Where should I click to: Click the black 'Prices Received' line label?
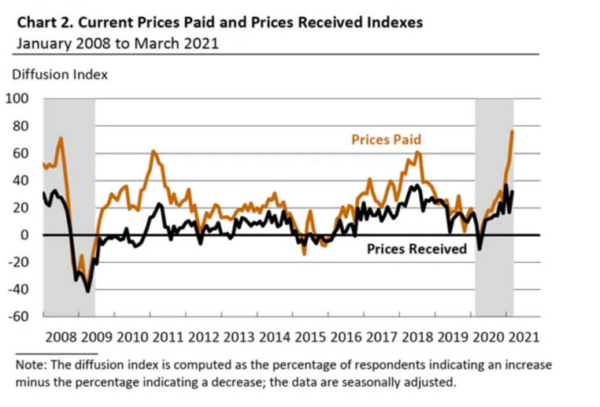(x=417, y=249)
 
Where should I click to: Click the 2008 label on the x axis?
(x=62, y=337)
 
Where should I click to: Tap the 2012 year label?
(x=204, y=337)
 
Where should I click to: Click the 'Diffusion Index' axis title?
(x=59, y=75)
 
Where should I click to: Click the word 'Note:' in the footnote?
(x=34, y=366)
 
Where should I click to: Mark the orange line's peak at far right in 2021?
(x=513, y=131)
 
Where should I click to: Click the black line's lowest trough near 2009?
(x=87, y=291)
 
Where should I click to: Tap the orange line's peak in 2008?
(x=61, y=139)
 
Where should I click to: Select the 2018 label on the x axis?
(x=416, y=337)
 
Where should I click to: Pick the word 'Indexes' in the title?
(x=393, y=22)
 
